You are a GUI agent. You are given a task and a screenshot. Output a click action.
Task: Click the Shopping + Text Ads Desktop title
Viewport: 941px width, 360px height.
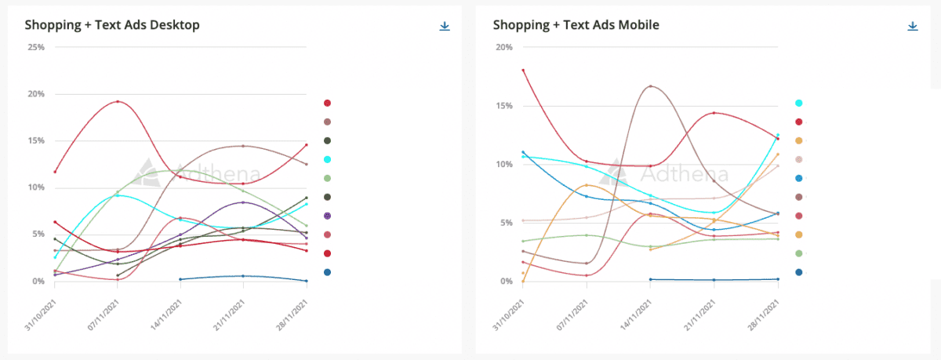112,25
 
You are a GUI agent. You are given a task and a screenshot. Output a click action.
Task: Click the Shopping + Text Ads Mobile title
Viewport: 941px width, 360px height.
576,25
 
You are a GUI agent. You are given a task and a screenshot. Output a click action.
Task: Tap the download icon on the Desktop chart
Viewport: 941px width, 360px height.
445,26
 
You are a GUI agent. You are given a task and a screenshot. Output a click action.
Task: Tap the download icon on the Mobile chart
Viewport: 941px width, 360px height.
913,26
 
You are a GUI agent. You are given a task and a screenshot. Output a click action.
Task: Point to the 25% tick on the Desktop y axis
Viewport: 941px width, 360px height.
36,47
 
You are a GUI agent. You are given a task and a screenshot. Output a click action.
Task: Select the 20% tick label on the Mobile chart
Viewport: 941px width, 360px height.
504,47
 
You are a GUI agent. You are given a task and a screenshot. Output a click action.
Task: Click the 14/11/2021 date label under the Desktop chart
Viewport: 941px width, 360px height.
166,315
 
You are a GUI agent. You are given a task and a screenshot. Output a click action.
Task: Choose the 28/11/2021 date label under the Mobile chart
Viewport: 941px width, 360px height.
764,315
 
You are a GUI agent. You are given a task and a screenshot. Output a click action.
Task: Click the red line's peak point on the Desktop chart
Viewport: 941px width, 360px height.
118,102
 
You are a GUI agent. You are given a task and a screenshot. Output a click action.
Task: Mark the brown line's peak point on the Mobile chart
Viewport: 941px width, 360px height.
650,86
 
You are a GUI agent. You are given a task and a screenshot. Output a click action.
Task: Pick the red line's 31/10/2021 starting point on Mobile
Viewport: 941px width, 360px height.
523,70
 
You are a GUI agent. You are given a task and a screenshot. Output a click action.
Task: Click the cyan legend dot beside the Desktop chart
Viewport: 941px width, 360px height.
327,160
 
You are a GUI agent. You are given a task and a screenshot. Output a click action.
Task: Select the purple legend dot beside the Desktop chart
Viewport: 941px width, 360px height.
327,216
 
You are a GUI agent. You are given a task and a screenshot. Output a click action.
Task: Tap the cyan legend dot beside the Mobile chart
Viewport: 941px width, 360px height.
798,104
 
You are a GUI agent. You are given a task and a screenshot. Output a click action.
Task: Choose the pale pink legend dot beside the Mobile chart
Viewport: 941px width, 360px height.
798,160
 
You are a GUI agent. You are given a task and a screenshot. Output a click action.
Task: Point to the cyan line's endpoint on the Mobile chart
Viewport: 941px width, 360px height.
778,135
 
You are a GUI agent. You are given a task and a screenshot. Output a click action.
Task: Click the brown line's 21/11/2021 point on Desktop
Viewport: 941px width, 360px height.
243,146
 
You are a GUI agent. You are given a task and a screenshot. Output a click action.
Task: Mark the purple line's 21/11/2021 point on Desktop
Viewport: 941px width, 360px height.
243,202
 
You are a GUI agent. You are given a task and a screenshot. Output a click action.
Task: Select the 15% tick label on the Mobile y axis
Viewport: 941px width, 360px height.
504,106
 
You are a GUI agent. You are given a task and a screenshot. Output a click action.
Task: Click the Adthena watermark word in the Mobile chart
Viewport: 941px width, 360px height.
684,174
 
